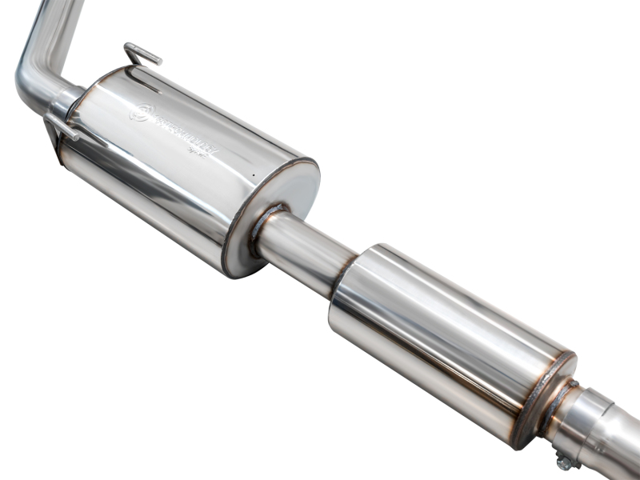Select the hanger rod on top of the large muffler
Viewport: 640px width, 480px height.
click(x=142, y=54)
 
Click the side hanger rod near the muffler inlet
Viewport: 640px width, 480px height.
click(x=61, y=126)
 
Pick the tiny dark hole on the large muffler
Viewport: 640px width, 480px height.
click(x=252, y=174)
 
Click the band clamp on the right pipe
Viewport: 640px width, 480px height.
click(x=592, y=424)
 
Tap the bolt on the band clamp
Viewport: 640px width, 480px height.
click(x=564, y=461)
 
